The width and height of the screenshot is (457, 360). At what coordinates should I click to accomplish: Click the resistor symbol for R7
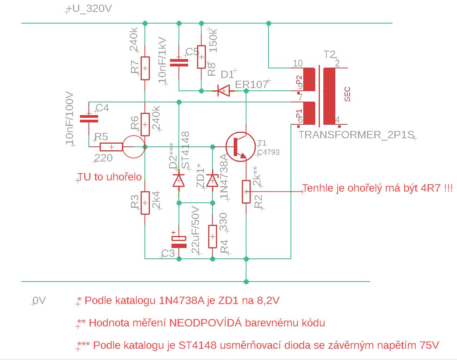pos(145,68)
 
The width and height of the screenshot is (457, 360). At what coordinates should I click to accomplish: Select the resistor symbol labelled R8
pos(201,57)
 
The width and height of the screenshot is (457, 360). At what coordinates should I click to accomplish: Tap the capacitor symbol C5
pos(179,63)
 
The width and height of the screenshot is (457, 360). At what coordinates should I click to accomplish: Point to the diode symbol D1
pos(223,91)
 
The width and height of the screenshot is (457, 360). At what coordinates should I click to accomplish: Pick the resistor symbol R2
pos(246,191)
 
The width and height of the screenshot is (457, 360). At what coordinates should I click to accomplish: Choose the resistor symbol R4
pos(212,236)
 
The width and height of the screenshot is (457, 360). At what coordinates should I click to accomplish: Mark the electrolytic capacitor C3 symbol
pos(179,241)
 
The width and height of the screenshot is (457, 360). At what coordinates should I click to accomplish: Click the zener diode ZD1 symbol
pos(212,180)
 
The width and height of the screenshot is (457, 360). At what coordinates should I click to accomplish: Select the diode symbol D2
pos(179,180)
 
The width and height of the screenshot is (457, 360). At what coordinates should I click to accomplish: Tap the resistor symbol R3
pos(145,203)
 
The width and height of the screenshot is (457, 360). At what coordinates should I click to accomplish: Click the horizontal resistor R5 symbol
pos(111,147)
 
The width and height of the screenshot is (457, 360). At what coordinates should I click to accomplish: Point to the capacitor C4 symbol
pos(89,119)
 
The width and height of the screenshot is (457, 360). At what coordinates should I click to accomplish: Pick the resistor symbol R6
pos(145,124)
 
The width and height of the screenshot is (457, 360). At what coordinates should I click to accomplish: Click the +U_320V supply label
pos(89,9)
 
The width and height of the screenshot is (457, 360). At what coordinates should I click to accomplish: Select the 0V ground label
pos(39,301)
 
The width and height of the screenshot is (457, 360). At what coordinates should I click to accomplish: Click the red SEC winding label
pos(347,94)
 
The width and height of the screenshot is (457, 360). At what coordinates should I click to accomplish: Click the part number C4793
pos(268,152)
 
